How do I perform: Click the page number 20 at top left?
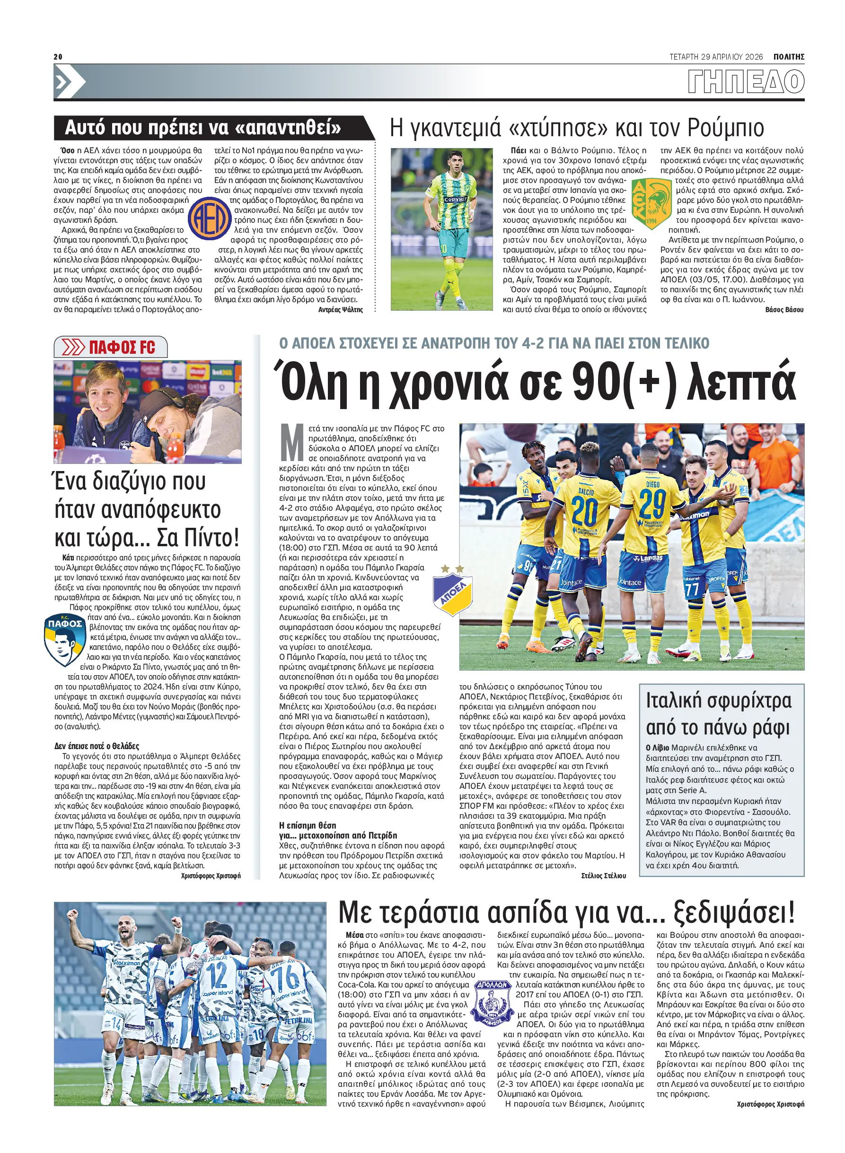58,56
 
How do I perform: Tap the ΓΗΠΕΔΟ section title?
746,82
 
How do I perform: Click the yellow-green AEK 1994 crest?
651,204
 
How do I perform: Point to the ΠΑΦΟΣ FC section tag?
111,348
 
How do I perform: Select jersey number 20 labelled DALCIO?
585,510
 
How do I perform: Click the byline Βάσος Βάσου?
784,310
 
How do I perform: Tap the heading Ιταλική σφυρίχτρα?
719,701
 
